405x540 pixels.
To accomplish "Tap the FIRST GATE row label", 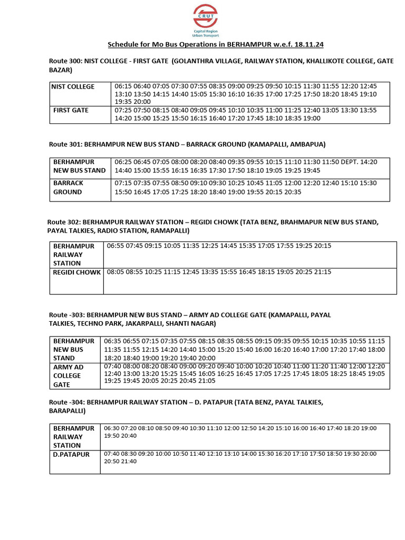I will pos(71,110).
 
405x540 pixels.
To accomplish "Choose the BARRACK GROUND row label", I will pos(68,187).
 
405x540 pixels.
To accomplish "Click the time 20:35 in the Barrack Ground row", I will pos(292,192).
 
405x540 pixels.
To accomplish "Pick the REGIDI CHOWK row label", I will pos(76,273).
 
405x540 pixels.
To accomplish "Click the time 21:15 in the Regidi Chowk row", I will pos(322,272).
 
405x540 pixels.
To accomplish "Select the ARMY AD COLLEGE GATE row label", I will pos(69,375).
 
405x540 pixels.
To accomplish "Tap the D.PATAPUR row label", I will pos(71,454).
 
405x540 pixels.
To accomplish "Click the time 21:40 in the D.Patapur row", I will pos(128,461).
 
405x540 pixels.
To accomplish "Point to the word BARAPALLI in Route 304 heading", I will pos(67,410).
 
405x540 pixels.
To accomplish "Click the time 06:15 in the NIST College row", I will pos(123,86).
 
